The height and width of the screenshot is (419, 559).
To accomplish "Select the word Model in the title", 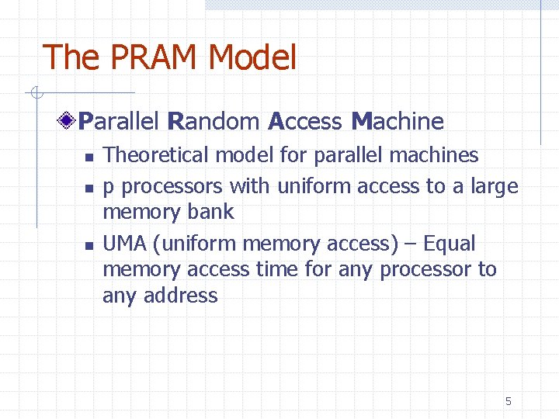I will pyautogui.click(x=252, y=58).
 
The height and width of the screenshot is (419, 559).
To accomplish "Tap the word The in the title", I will pyautogui.click(x=71, y=58).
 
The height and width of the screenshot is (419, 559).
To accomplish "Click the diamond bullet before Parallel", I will pyautogui.click(x=69, y=121).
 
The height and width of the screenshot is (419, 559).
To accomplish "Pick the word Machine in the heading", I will pyautogui.click(x=397, y=121).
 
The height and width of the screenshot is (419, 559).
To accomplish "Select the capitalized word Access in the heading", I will pyautogui.click(x=304, y=121).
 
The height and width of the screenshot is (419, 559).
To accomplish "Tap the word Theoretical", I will pyautogui.click(x=156, y=155).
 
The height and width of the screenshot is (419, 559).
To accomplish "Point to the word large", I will pyautogui.click(x=492, y=187).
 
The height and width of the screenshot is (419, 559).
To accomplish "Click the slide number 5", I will pyautogui.click(x=509, y=401).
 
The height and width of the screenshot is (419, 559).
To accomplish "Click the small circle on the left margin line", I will pyautogui.click(x=36, y=94).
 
